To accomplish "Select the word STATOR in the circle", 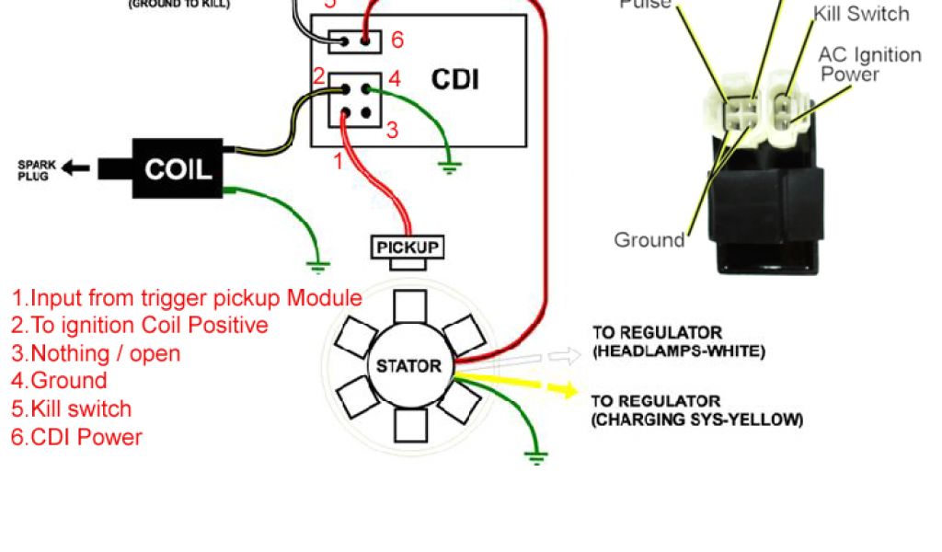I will (408, 365).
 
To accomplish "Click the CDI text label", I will (455, 79).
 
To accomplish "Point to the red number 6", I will (396, 40).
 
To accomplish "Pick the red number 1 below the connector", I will (338, 161).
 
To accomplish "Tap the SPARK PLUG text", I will (37, 169).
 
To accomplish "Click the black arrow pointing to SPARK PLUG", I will (77, 168).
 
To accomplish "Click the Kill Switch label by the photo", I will (861, 14).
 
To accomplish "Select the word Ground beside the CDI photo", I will (649, 240).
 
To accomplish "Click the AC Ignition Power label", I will (869, 64).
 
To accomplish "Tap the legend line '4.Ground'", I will (59, 381).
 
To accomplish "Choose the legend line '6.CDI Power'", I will (76, 437).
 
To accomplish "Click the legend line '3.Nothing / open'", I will (96, 353).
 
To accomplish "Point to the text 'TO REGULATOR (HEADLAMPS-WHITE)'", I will (678, 341).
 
